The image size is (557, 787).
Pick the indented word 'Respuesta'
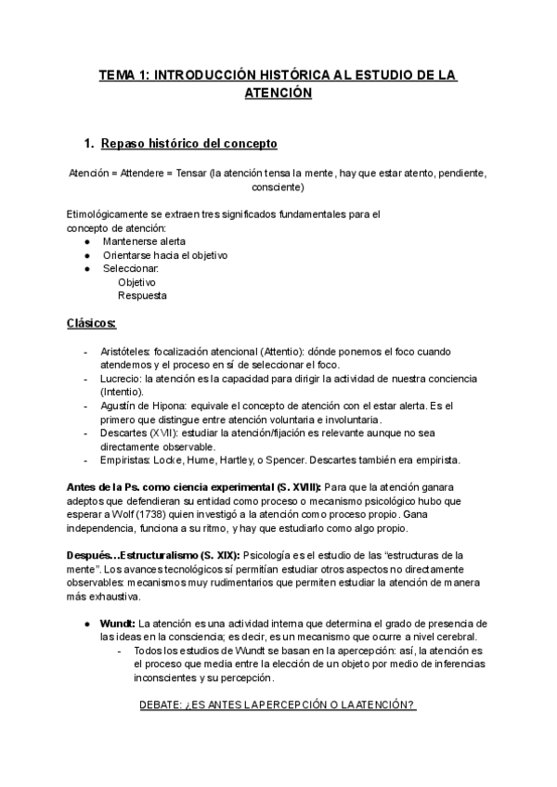pyautogui.click(x=142, y=295)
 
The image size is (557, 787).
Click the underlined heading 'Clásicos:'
pyautogui.click(x=91, y=323)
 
